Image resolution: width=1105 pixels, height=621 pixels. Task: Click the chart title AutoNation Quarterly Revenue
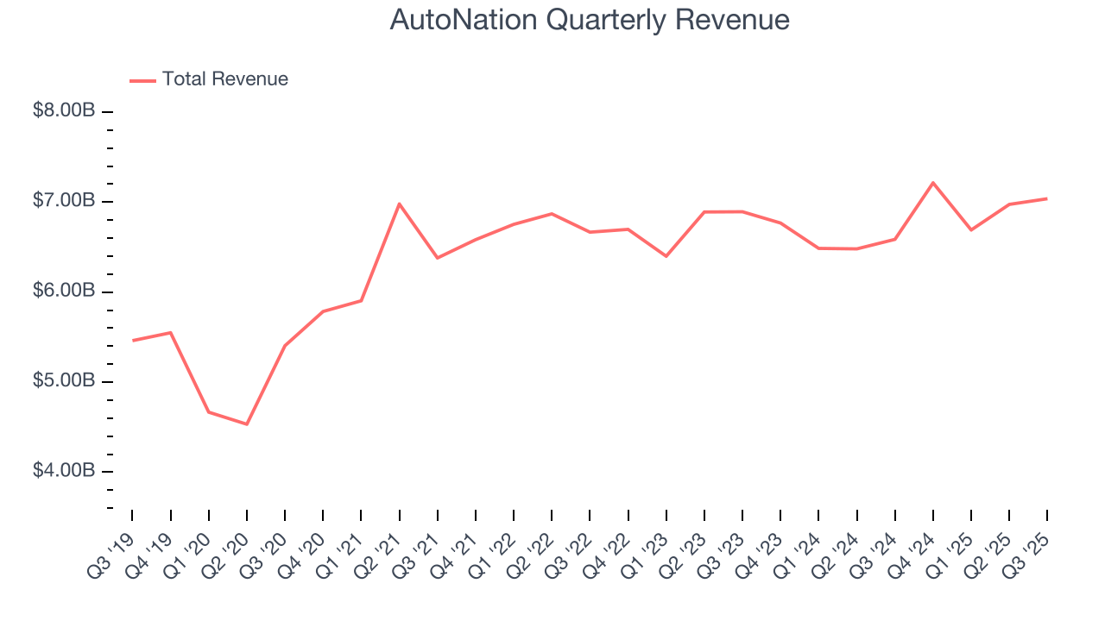pyautogui.click(x=590, y=20)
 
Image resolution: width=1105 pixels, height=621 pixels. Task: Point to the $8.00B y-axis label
pyautogui.click(x=65, y=111)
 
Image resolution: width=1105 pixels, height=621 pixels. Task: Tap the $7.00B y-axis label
pyautogui.click(x=65, y=201)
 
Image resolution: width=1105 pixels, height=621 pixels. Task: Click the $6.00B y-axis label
pyautogui.click(x=65, y=291)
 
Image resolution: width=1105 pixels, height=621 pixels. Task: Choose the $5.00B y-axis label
pyautogui.click(x=65, y=380)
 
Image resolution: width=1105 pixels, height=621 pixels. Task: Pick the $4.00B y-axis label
pyautogui.click(x=65, y=471)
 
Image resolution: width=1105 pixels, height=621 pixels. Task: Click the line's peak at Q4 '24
pyautogui.click(x=933, y=183)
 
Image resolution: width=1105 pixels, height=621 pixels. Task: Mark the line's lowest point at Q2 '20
pyautogui.click(x=247, y=424)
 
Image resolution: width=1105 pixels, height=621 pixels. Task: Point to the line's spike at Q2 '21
pyautogui.click(x=400, y=204)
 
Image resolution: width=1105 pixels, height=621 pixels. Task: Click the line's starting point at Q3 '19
pyautogui.click(x=132, y=341)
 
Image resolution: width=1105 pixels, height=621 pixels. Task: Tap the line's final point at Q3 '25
pyautogui.click(x=1047, y=198)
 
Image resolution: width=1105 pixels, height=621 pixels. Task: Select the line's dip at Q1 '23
pyautogui.click(x=666, y=256)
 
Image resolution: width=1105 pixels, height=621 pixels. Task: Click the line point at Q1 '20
pyautogui.click(x=209, y=412)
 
